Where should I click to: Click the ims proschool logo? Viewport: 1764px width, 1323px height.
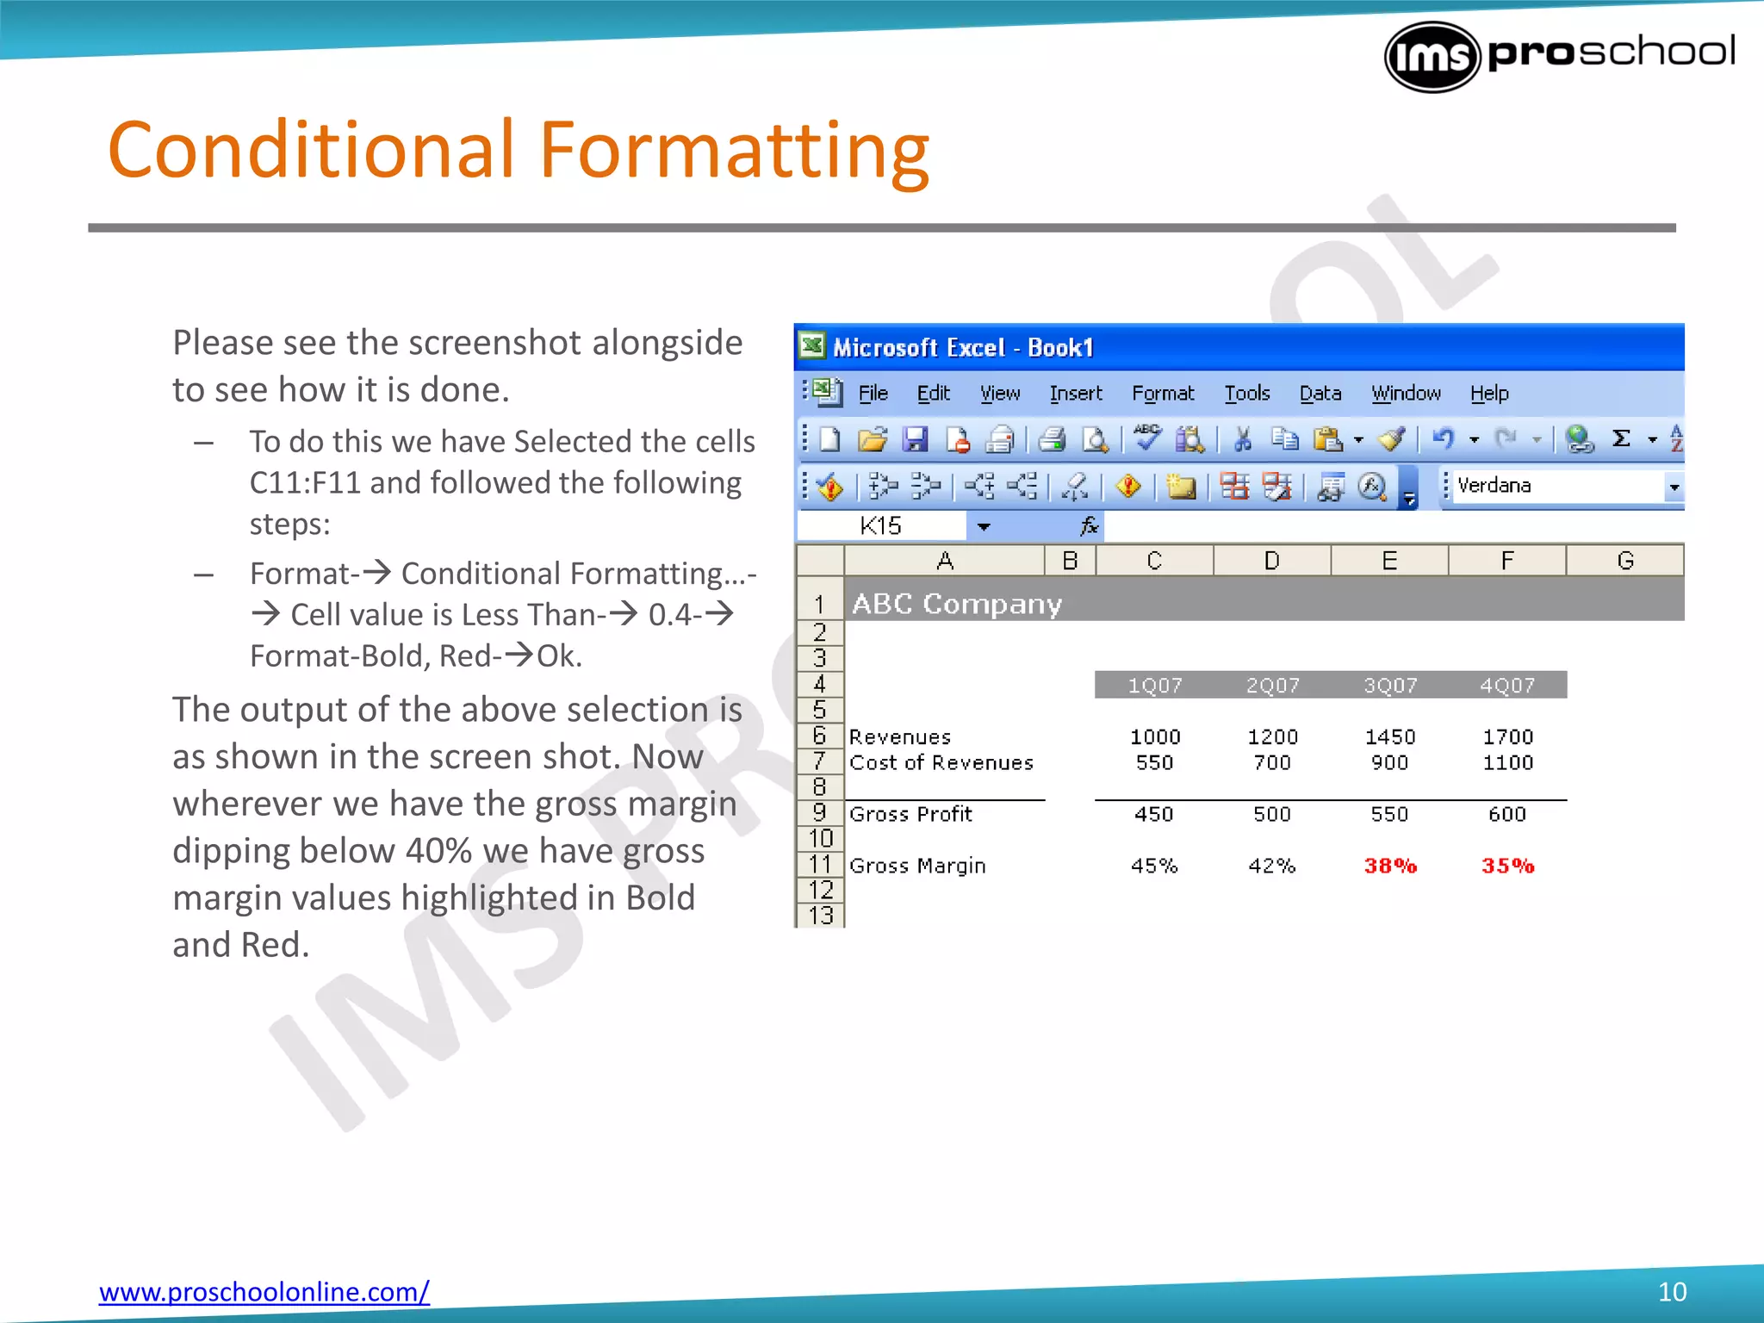(x=1559, y=56)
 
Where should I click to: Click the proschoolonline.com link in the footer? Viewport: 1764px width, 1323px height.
(x=264, y=1291)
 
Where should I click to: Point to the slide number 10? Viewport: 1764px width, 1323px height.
(x=1672, y=1291)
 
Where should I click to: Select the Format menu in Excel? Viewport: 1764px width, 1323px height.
(x=1162, y=394)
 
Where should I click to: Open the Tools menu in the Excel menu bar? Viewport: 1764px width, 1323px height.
(x=1246, y=394)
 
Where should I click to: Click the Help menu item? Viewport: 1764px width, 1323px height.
(x=1488, y=394)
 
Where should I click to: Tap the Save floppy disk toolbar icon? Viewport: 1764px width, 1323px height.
(x=915, y=440)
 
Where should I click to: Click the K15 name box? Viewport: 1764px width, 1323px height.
(x=880, y=525)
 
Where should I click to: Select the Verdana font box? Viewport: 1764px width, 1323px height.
(x=1556, y=486)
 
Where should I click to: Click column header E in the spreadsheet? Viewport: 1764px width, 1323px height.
(x=1389, y=561)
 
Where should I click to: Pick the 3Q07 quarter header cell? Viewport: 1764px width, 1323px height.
(x=1389, y=686)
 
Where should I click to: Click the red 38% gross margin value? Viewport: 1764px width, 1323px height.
(x=1389, y=866)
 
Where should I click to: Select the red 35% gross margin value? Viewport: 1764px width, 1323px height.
(x=1507, y=866)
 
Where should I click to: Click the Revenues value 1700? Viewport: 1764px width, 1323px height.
(x=1507, y=737)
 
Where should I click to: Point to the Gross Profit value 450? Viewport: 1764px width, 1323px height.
(x=1154, y=814)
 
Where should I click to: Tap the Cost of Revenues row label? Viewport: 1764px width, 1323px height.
(x=941, y=763)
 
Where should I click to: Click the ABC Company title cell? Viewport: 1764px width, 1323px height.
(x=956, y=604)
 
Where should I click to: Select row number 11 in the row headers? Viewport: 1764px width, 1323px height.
(x=820, y=865)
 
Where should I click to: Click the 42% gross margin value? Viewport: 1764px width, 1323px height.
(x=1272, y=866)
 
